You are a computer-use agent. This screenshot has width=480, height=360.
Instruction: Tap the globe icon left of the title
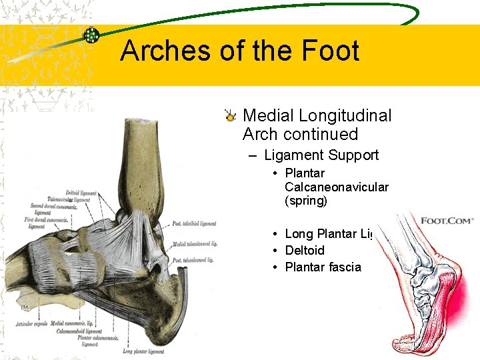[x=91, y=36]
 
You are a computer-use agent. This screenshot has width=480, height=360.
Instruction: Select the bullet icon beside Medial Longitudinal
[x=230, y=117]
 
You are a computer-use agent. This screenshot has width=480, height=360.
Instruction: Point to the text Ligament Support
[x=321, y=155]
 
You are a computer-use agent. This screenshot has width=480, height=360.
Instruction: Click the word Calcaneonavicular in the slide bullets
[x=336, y=187]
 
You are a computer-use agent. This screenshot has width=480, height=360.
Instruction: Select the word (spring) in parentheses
[x=305, y=201]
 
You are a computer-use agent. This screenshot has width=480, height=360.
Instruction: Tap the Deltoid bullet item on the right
[x=304, y=251]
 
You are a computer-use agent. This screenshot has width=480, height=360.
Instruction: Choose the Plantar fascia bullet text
[x=323, y=267]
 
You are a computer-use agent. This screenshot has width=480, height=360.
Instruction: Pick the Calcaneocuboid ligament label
[x=79, y=331]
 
